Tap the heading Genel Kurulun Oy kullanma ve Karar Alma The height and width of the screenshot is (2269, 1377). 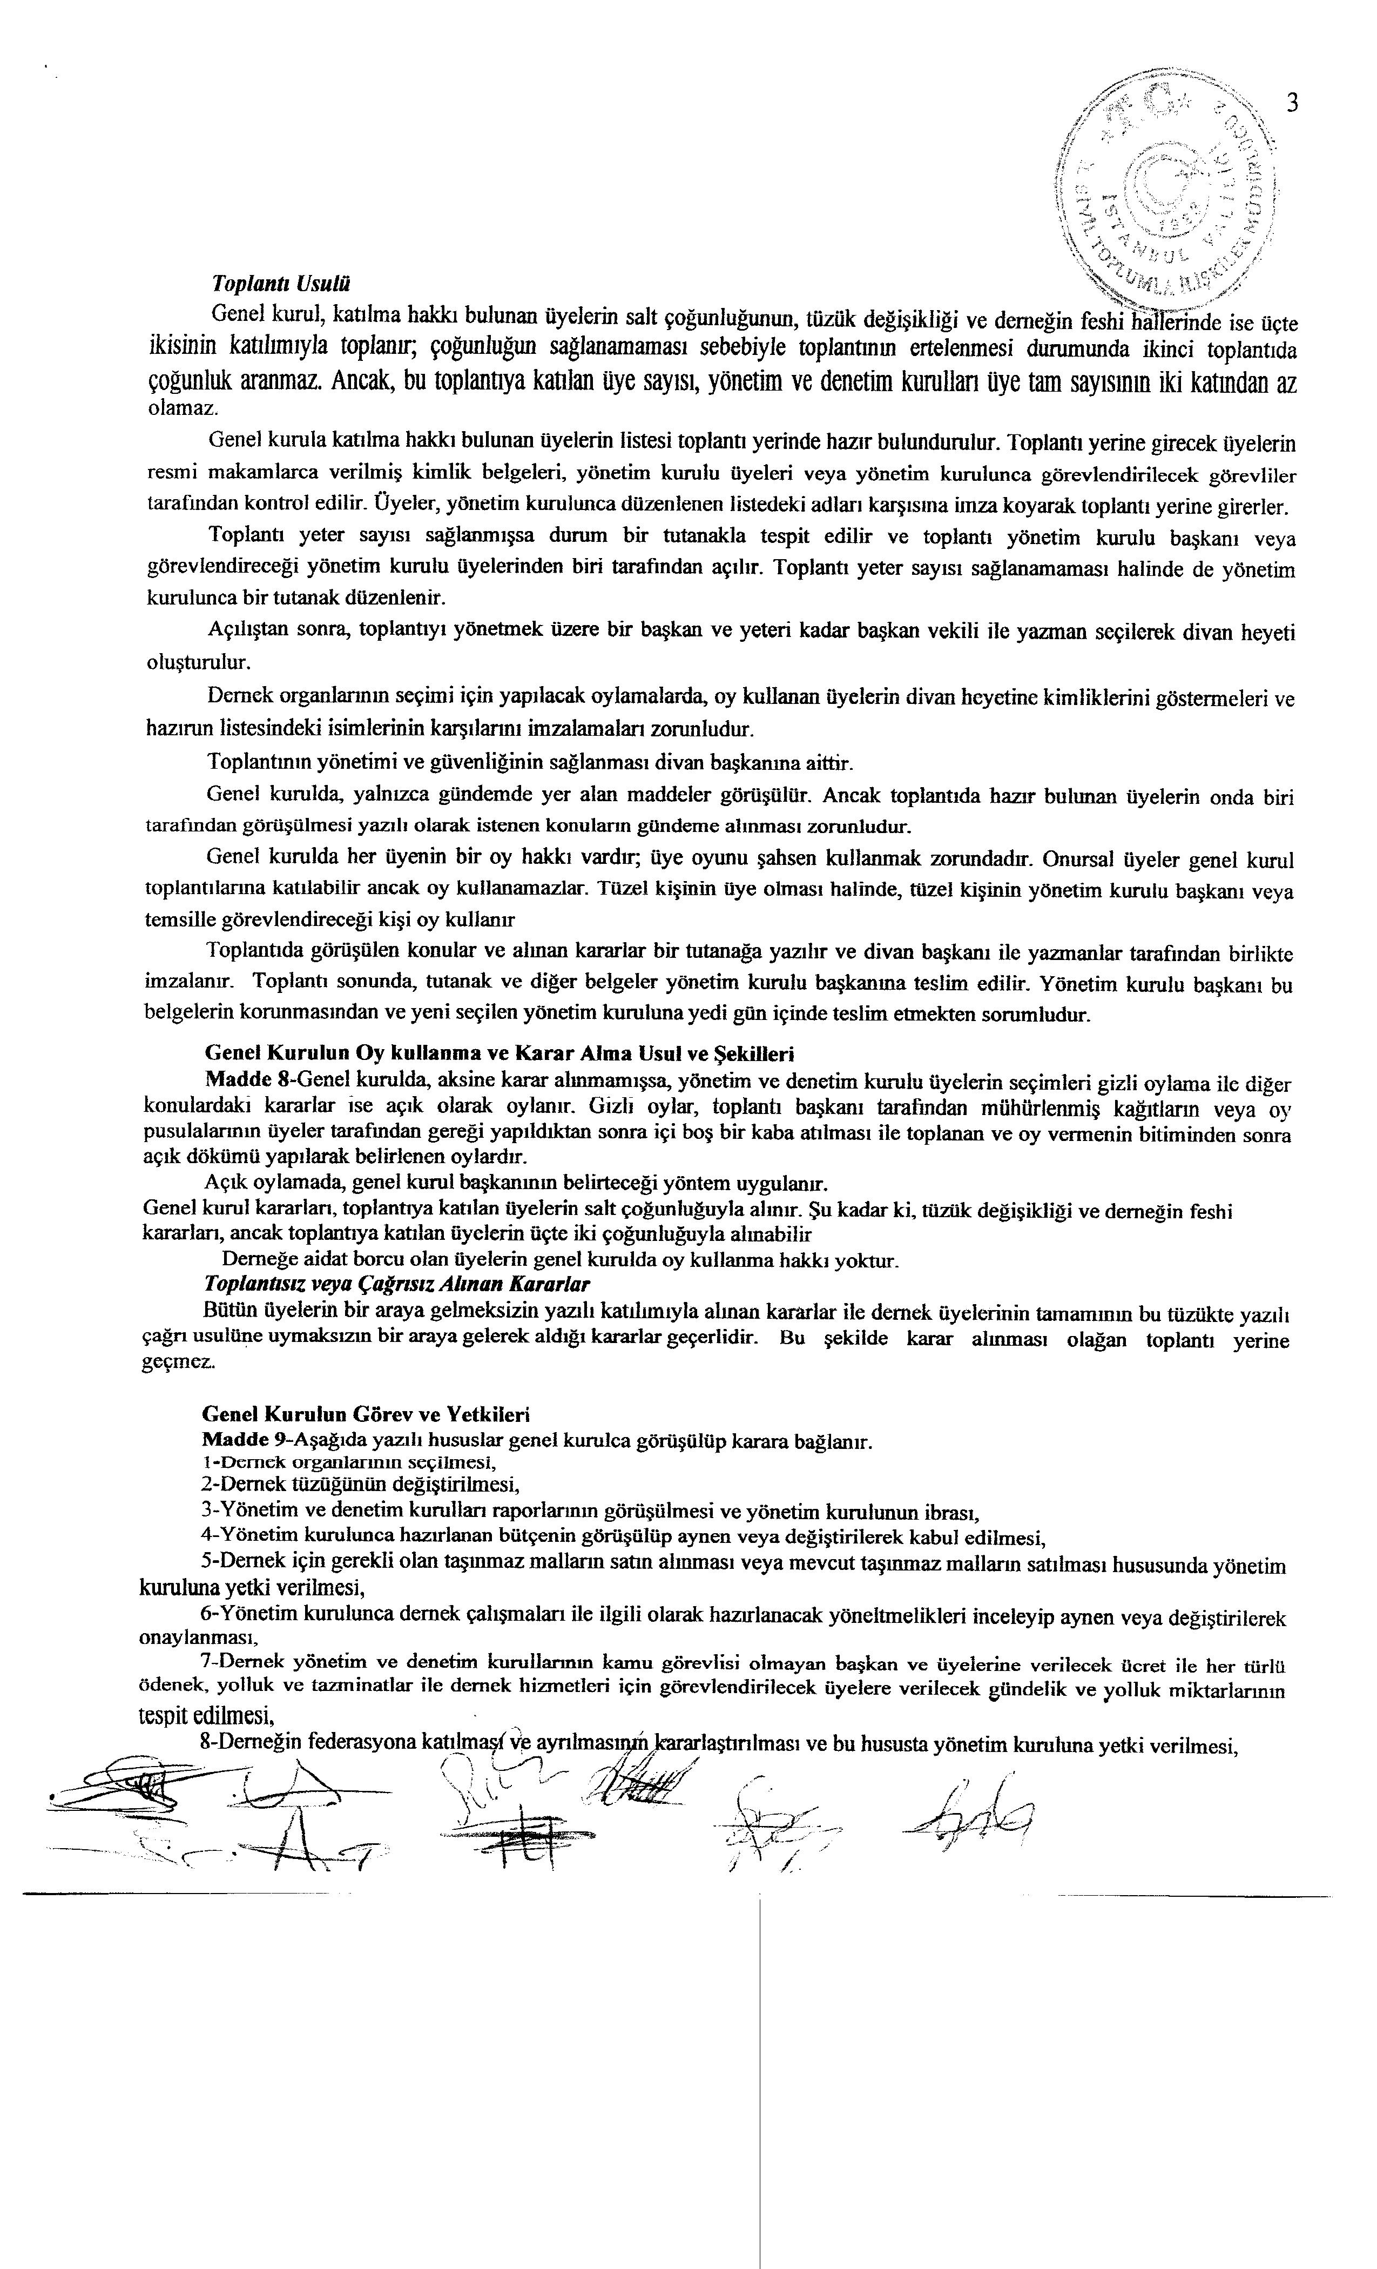tap(498, 1052)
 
